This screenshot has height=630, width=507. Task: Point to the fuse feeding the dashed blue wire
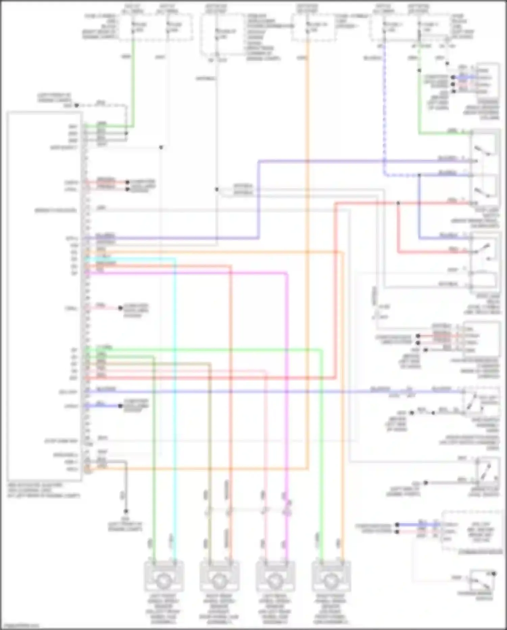pyautogui.click(x=384, y=27)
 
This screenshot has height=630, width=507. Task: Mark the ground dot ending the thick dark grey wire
pyautogui.click(x=126, y=511)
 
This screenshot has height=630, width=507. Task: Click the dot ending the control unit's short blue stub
pyautogui.click(x=120, y=406)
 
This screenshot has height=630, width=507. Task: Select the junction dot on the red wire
pyautogui.click(x=398, y=203)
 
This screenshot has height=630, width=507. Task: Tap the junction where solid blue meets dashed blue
pyautogui.click(x=419, y=175)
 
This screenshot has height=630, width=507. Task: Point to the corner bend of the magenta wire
pyautogui.click(x=287, y=273)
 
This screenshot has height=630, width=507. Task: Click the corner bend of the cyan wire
pyautogui.click(x=175, y=259)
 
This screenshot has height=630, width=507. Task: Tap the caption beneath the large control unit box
pyautogui.click(x=44, y=490)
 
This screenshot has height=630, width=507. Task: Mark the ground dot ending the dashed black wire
pyautogui.click(x=77, y=106)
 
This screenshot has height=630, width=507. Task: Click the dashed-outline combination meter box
pyautogui.click(x=472, y=531)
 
